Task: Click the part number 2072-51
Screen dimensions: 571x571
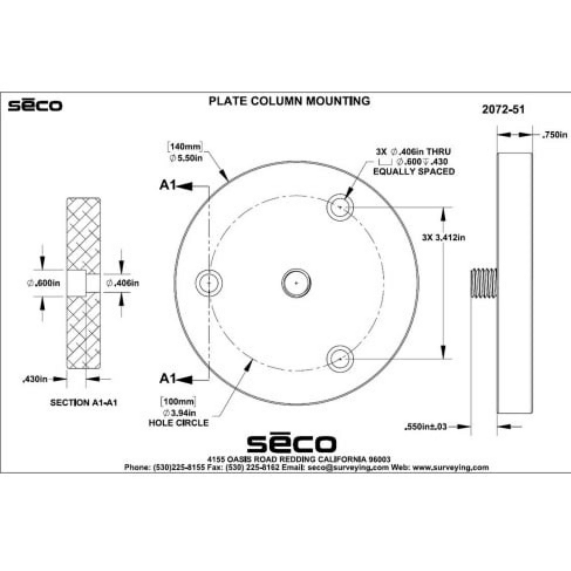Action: (x=503, y=110)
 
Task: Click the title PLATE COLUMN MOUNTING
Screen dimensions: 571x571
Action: (x=289, y=101)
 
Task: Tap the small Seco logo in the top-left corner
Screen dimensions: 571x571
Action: (x=35, y=105)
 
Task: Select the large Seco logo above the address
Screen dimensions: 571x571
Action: (x=291, y=443)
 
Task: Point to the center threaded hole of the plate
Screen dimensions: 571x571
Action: (x=296, y=283)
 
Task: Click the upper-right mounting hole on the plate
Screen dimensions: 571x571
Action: (x=340, y=207)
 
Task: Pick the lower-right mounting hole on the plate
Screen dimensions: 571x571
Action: (x=340, y=359)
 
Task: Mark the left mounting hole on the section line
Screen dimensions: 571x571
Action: (x=209, y=283)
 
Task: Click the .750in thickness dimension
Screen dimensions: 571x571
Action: (x=554, y=135)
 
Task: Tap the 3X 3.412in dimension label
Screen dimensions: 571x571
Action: (x=443, y=238)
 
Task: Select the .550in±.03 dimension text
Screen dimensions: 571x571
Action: (x=425, y=427)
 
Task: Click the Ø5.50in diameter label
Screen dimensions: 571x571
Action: (x=186, y=158)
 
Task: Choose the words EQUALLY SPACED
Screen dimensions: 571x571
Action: (x=414, y=171)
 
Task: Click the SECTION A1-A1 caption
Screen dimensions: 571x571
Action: (x=84, y=402)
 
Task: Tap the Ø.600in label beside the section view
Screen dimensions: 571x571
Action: (x=43, y=283)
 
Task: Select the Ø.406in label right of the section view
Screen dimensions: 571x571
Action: (x=123, y=283)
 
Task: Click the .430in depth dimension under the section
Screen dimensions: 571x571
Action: (x=35, y=379)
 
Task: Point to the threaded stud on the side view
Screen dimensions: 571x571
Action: (x=484, y=283)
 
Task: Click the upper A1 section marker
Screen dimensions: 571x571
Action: (x=167, y=185)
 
